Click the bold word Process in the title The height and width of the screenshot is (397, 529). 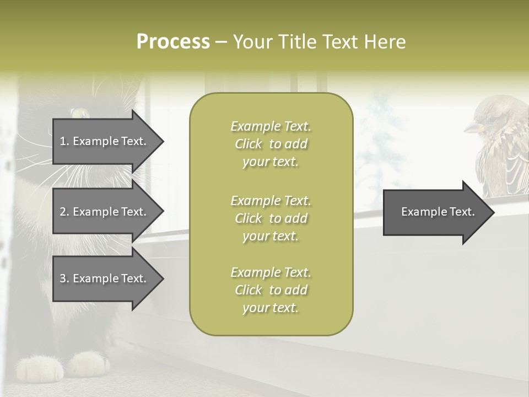click(x=173, y=42)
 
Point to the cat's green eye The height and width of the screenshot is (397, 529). click(x=80, y=114)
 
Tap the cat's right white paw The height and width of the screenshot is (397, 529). click(x=88, y=364)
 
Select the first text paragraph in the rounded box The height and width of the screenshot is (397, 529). click(x=271, y=144)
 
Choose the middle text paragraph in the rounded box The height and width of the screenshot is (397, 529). click(x=271, y=218)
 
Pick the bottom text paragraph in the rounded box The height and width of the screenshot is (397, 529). click(x=271, y=290)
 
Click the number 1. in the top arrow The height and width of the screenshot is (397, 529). click(x=64, y=141)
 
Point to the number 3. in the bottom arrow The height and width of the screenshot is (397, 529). click(x=64, y=278)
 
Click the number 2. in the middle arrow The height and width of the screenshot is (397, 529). click(x=64, y=212)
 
